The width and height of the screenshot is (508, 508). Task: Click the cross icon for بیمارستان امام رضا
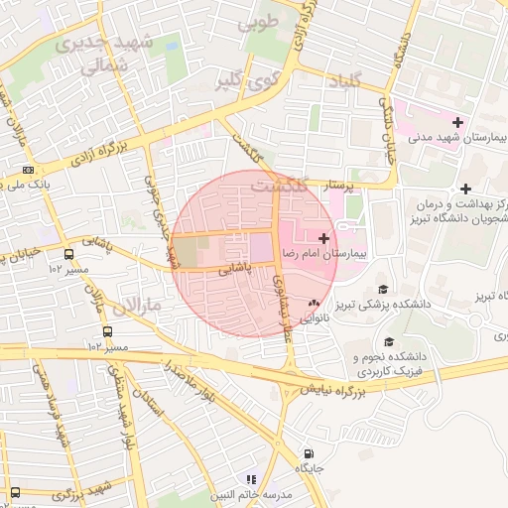[323, 237]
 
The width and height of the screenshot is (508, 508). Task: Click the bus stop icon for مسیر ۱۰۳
[106, 331]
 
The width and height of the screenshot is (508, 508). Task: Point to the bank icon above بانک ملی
[28, 170]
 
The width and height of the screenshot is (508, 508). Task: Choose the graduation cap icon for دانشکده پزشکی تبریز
[383, 289]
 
